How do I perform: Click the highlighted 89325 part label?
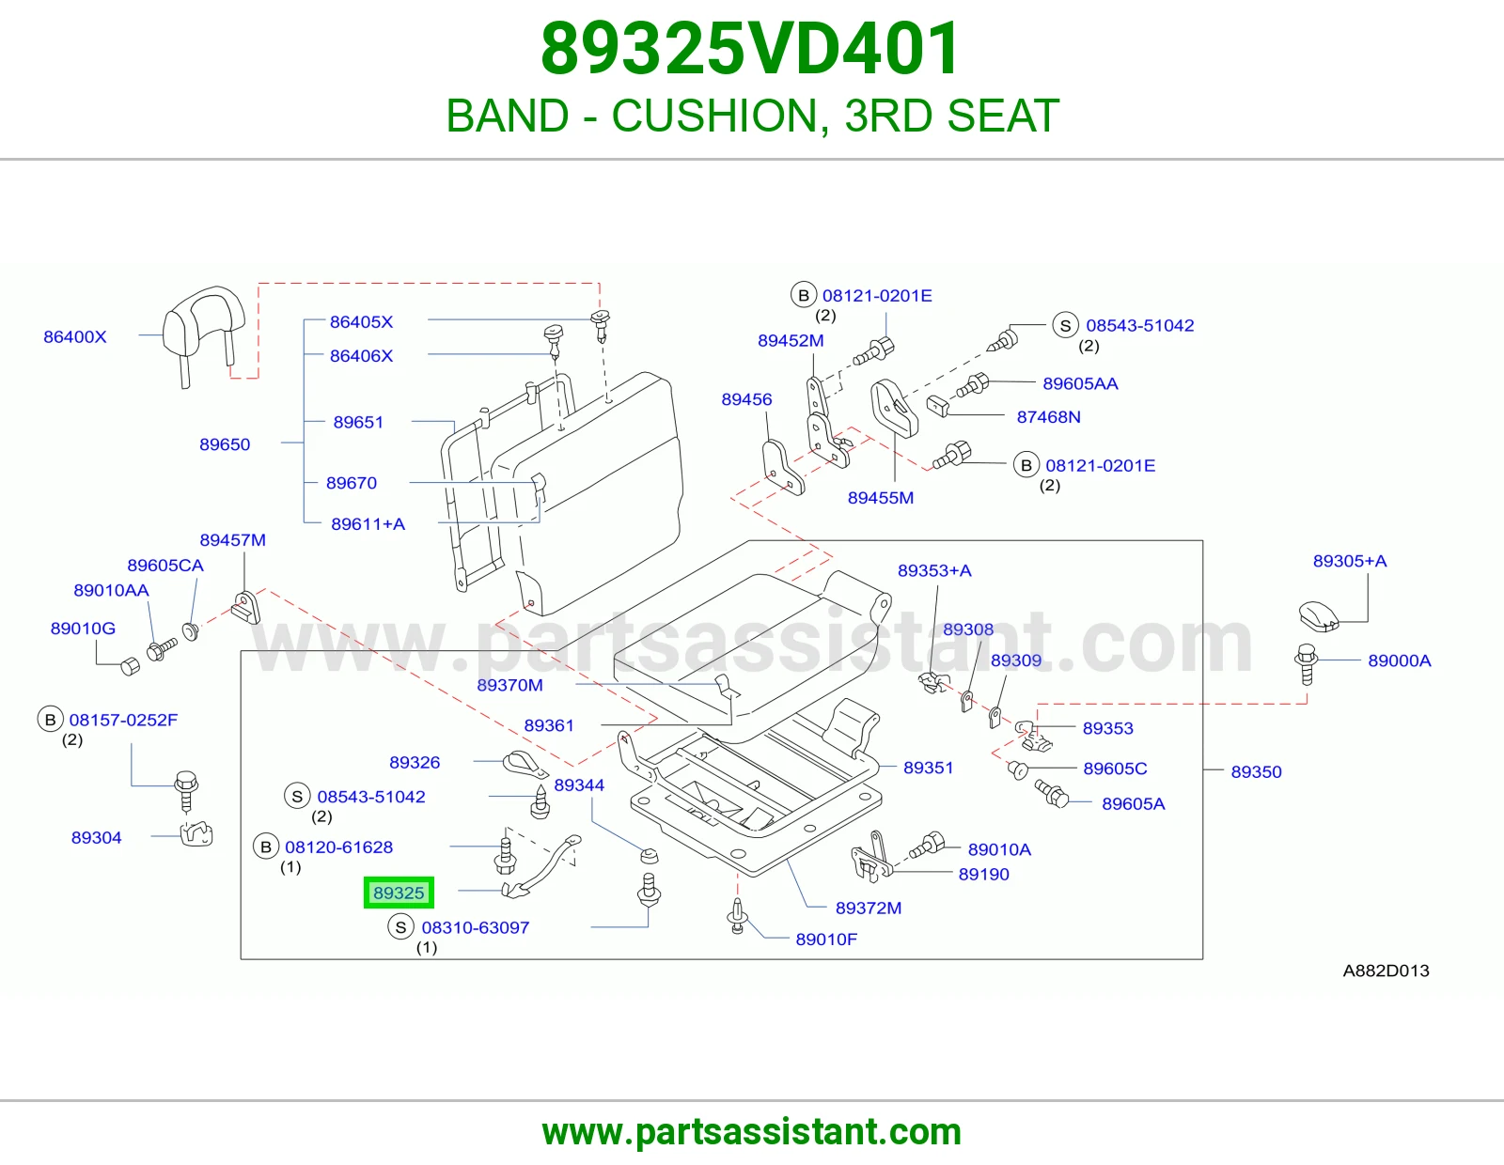[x=399, y=893]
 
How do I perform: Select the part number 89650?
[x=225, y=444]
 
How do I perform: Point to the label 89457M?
[x=232, y=539]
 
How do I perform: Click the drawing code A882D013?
[x=1386, y=971]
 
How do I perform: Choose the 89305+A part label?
[x=1350, y=561]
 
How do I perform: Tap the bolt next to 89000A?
[x=1306, y=664]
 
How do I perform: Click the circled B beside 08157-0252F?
[x=50, y=720]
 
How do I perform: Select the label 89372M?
[x=869, y=908]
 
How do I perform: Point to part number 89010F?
[x=826, y=939]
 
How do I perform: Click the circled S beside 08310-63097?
[x=400, y=927]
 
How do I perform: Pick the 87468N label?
[x=1049, y=416]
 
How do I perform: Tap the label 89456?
[x=746, y=399]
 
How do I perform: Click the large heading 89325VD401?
[x=751, y=49]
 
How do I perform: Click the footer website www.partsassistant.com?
[x=752, y=1132]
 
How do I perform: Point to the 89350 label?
[x=1256, y=771]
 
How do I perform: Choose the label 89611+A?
[x=368, y=523]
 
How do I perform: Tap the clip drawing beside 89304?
[x=196, y=833]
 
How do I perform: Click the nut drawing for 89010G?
[x=130, y=666]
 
